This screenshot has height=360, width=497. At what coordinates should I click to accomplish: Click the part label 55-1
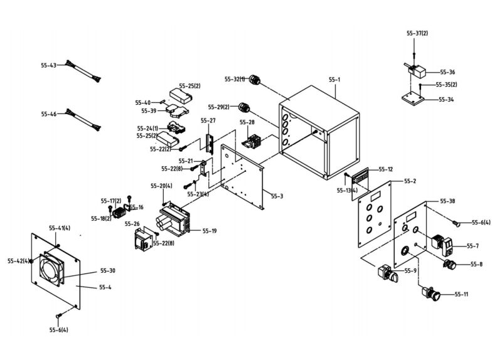tap(334, 80)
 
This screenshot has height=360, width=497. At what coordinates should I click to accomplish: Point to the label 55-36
tap(447, 72)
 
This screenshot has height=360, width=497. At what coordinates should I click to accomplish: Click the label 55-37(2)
tap(417, 33)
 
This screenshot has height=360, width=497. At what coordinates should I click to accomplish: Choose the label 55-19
tap(210, 231)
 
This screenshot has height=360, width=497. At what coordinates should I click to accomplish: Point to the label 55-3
tap(277, 196)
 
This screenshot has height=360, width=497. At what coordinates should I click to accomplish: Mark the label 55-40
tap(143, 103)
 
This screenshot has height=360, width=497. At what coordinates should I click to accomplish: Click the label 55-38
tap(447, 201)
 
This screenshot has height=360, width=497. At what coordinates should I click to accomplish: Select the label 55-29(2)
tap(219, 107)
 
